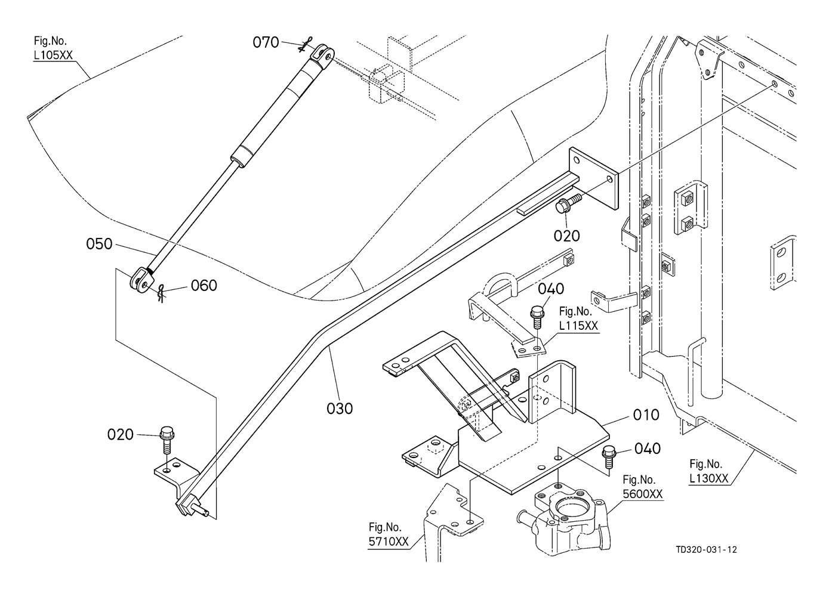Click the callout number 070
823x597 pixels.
click(x=266, y=42)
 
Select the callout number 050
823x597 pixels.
click(x=99, y=244)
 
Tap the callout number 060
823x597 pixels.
click(x=204, y=286)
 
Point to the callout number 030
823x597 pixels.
click(x=340, y=409)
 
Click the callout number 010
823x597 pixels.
click(x=646, y=415)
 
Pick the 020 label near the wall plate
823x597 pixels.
click(x=566, y=236)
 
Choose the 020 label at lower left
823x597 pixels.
click(x=120, y=435)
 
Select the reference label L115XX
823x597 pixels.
click(x=578, y=326)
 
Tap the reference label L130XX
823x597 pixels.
click(x=708, y=478)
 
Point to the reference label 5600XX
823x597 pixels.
click(x=643, y=494)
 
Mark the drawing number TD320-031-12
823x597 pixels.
click(x=707, y=550)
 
